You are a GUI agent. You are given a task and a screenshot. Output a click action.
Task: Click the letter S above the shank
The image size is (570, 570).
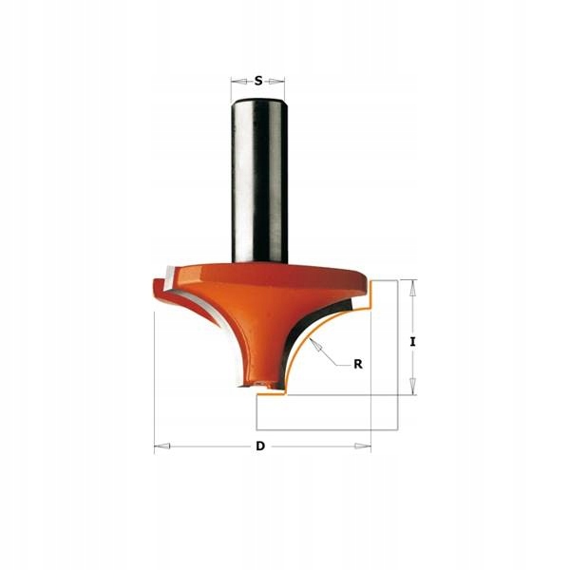(x=258, y=81)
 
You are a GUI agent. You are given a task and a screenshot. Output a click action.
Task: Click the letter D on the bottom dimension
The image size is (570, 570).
(x=260, y=446)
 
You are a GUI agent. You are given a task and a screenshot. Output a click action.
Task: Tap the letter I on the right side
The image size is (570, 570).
(x=412, y=342)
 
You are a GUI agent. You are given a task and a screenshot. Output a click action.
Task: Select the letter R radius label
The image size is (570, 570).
(x=358, y=364)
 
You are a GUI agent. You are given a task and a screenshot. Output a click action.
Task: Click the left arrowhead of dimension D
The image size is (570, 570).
(x=162, y=446)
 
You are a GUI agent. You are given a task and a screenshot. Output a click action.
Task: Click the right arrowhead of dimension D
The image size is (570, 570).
(x=363, y=446)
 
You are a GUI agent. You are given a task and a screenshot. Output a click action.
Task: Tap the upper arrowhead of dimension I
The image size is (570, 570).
(x=412, y=288)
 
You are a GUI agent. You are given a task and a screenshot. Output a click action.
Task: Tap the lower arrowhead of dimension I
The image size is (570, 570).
(x=412, y=386)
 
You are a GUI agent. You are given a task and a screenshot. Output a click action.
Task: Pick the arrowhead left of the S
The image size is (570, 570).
(x=238, y=82)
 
